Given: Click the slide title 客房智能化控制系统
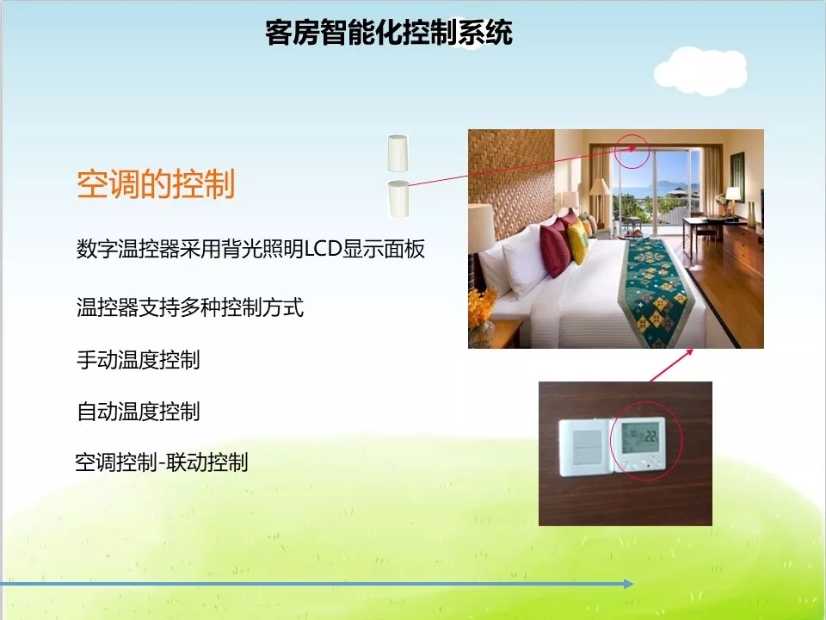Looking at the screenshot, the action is tap(389, 33).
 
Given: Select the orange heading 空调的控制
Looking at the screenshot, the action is tap(156, 184).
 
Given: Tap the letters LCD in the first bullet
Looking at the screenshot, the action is tap(324, 249).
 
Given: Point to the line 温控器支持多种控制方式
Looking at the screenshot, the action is tap(190, 307).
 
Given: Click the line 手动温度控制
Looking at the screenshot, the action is tap(138, 360).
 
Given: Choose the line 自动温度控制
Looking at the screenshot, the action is tap(138, 412).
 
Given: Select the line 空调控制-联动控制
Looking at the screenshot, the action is tap(161, 462).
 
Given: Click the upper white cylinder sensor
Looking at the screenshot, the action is tap(398, 153).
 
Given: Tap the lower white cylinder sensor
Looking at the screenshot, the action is tap(398, 199).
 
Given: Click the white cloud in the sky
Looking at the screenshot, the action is tap(700, 71).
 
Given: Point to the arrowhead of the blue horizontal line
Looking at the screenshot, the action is tap(628, 584).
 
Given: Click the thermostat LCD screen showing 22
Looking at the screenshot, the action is tap(640, 437).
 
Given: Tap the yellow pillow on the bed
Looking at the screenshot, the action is tap(577, 240).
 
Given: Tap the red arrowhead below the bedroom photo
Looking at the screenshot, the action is tap(688, 353).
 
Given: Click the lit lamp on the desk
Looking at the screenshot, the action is tap(733, 196).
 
